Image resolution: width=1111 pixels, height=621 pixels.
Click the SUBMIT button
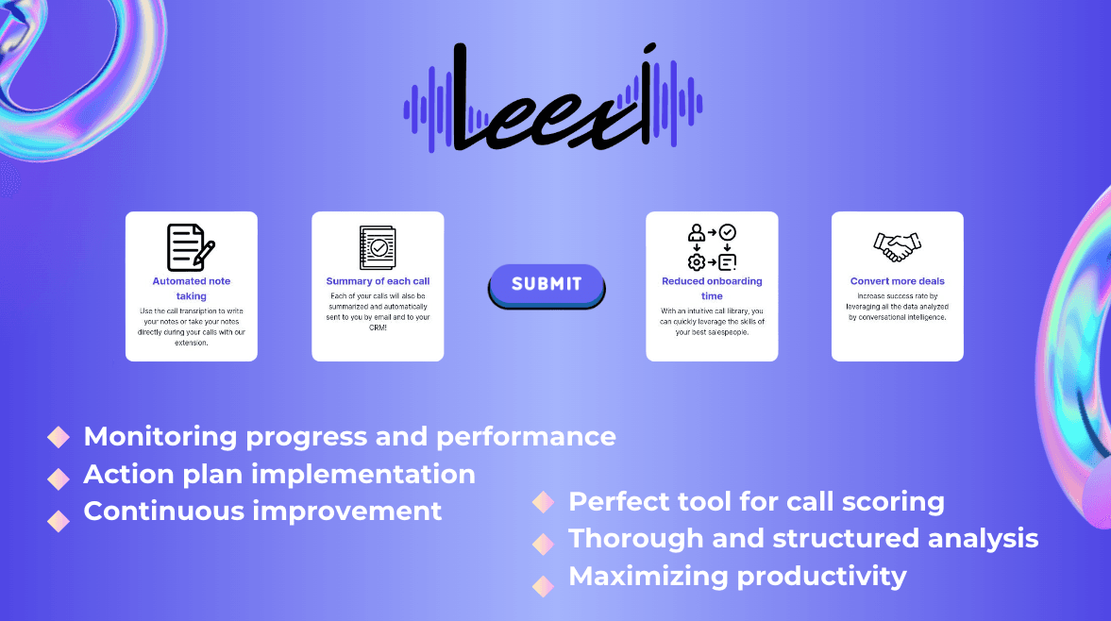547,285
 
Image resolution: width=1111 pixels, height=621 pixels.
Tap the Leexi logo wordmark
552,98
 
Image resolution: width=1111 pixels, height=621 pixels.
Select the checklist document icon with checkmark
378,248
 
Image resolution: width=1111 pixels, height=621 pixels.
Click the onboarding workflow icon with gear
712,247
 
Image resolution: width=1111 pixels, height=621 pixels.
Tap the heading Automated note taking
192,288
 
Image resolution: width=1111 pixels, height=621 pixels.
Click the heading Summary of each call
378,281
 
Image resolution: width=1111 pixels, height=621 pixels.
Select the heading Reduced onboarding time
712,288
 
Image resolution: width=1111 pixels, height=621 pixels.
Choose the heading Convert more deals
897,281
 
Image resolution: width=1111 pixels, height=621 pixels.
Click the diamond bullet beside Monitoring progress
59,437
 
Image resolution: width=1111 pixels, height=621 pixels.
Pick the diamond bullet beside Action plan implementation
59,479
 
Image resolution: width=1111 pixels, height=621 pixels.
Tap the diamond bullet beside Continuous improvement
59,520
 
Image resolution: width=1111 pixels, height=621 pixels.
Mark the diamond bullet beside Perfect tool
544,501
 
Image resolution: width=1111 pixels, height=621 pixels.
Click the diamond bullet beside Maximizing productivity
544,586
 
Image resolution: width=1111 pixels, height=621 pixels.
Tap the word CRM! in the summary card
378,327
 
